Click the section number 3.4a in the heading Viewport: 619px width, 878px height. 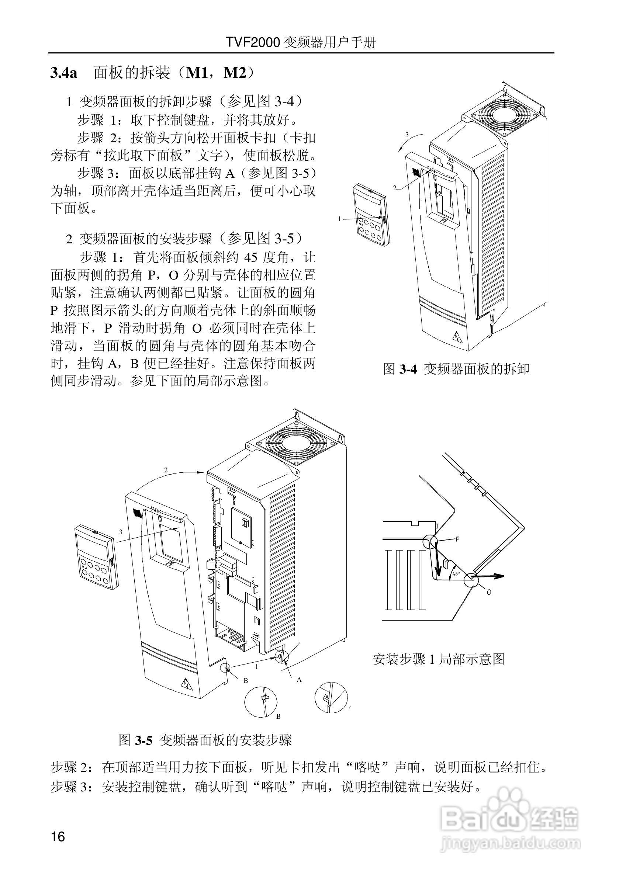[64, 73]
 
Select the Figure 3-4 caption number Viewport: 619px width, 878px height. [408, 369]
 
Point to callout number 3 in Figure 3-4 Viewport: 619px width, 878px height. [407, 135]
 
